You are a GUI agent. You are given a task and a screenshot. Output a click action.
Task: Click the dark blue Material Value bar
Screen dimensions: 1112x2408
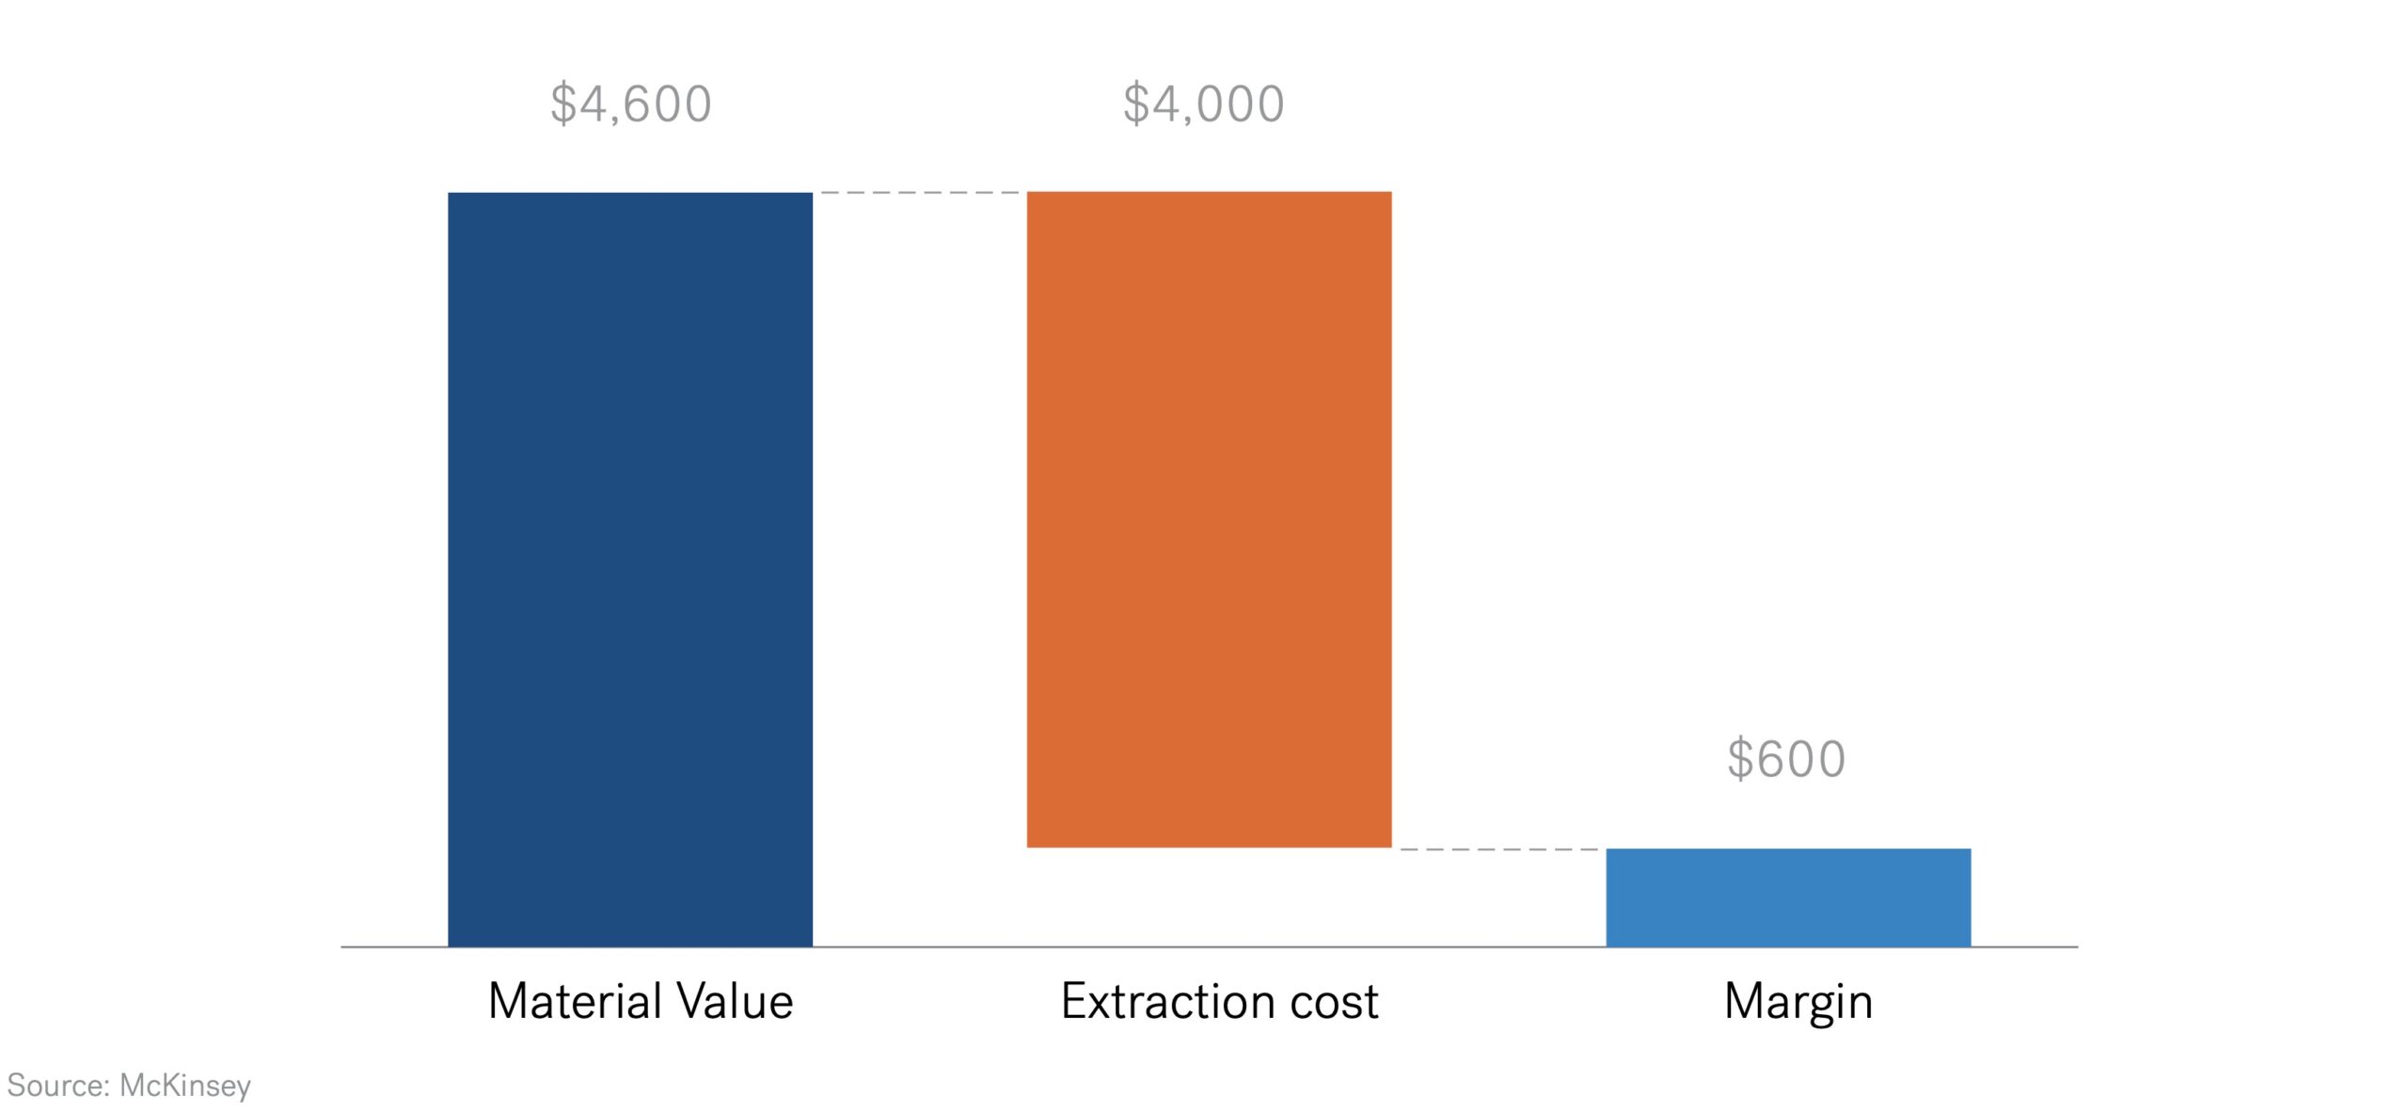click(x=629, y=568)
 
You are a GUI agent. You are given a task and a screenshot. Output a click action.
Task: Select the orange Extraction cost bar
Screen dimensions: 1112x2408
click(x=1209, y=519)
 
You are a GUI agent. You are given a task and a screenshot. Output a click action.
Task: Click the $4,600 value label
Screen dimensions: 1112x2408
click(x=631, y=103)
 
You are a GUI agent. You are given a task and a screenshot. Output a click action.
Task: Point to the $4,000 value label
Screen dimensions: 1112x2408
click(x=1204, y=103)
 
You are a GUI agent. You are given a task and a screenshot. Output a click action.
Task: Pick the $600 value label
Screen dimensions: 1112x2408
click(x=1786, y=759)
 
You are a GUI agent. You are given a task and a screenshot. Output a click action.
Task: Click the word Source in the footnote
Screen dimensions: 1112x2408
click(x=56, y=1086)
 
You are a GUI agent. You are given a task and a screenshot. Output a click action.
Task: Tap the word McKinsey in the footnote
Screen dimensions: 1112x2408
click(x=185, y=1087)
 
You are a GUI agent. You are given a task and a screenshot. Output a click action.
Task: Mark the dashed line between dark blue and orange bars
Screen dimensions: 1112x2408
click(x=919, y=192)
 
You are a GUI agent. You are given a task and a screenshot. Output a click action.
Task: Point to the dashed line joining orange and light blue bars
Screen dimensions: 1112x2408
click(x=1498, y=849)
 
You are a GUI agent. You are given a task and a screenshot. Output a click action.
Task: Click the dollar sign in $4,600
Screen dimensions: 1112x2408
click(x=562, y=103)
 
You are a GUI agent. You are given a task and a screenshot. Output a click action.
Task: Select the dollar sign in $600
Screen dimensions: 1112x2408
click(x=1739, y=759)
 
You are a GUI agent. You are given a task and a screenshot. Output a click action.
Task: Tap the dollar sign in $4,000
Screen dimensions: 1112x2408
click(x=1135, y=103)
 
